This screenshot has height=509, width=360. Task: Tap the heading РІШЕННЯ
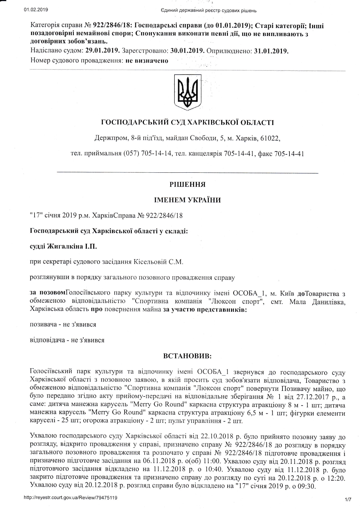187,185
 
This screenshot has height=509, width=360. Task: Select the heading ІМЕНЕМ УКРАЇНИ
187,200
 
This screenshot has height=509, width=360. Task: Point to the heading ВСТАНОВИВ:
187,355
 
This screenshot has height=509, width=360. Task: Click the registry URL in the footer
71,498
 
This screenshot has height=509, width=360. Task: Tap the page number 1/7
348,500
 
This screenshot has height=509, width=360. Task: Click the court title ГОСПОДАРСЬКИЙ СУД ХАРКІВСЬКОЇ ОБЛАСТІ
187,122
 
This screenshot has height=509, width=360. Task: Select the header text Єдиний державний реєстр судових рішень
208,11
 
